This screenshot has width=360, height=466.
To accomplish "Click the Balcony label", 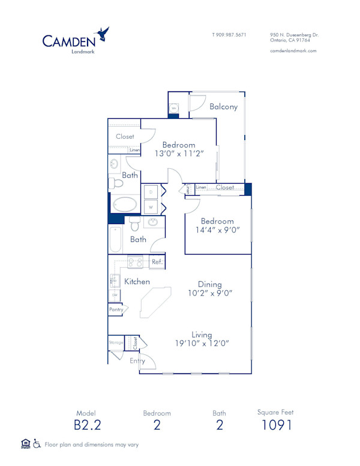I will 223,107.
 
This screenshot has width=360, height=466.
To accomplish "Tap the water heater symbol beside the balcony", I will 173,108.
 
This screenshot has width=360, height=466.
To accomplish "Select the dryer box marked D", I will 151,192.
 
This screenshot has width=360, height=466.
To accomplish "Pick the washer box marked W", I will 151,207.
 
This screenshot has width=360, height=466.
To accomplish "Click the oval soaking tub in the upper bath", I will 125,204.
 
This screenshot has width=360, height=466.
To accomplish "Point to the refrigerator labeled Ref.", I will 157,262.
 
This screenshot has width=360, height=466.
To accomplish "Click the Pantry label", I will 116,309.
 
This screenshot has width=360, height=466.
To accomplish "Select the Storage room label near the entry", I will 116,343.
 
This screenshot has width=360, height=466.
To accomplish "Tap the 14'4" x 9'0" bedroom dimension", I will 217,230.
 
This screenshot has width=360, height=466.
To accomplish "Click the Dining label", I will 210,284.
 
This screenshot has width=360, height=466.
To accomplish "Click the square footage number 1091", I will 276,425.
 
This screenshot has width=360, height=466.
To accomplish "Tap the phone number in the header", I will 229,35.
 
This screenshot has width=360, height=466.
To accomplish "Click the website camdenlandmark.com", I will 293,51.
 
